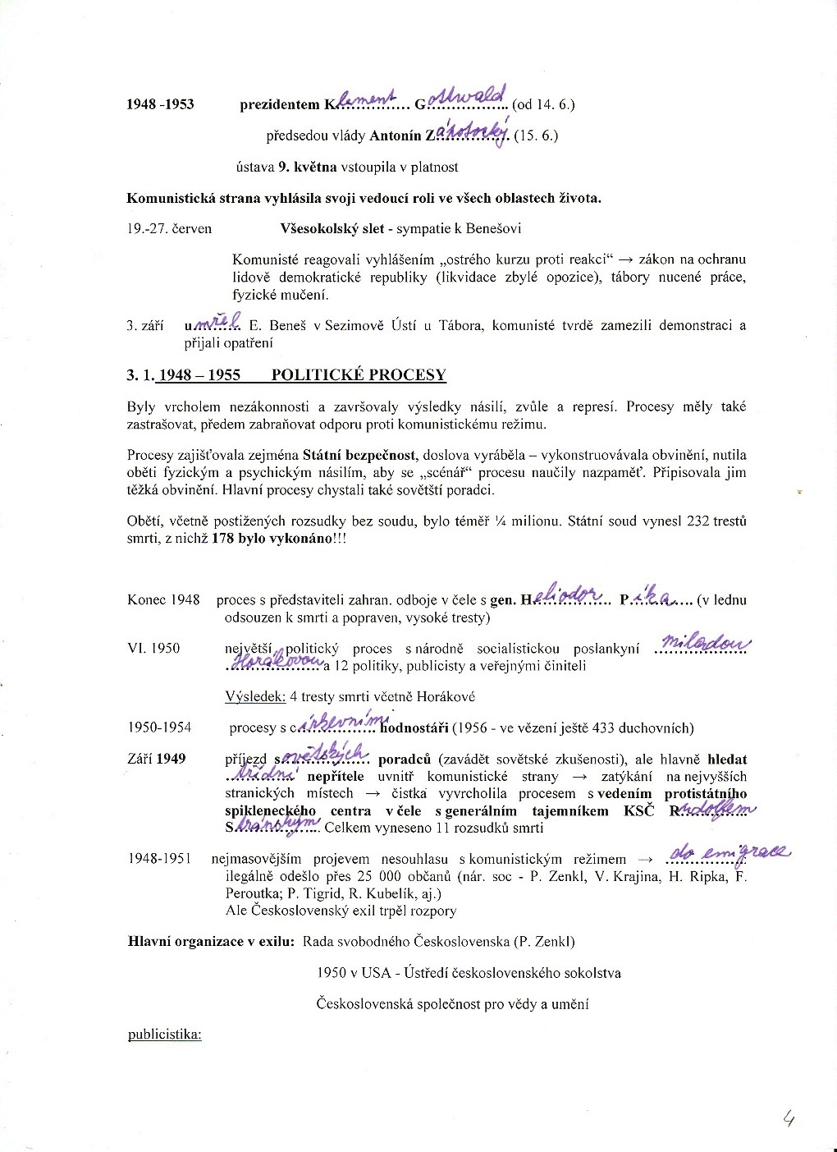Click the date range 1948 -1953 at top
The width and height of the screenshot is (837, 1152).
pyautogui.click(x=161, y=104)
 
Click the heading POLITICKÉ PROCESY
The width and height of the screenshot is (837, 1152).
pyautogui.click(x=359, y=375)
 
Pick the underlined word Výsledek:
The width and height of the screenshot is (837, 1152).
pyautogui.click(x=255, y=696)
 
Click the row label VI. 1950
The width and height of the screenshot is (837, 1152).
pyautogui.click(x=153, y=648)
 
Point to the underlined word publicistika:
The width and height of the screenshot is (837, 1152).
pyautogui.click(x=165, y=1034)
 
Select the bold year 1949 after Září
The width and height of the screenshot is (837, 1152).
pyautogui.click(x=171, y=759)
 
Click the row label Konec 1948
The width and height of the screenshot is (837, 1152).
pyautogui.click(x=163, y=599)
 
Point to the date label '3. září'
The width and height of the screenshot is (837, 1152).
pyautogui.click(x=145, y=325)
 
